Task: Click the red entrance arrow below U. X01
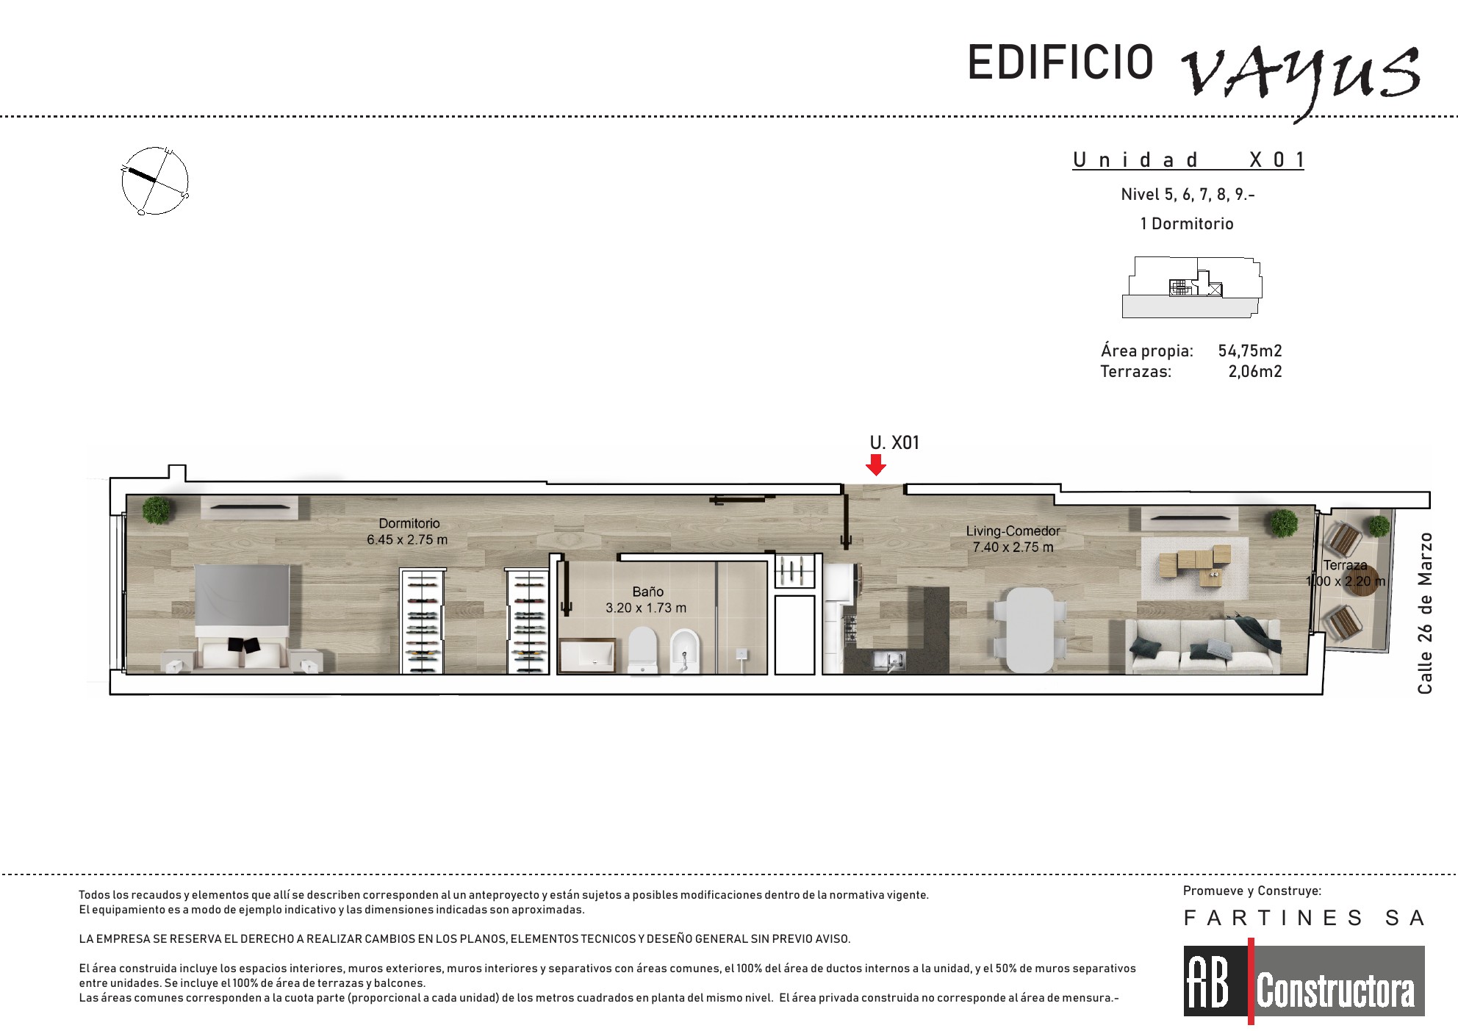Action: pos(875,464)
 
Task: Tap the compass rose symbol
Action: pos(155,181)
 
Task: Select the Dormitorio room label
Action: pos(409,523)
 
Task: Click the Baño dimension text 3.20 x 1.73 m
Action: pos(646,608)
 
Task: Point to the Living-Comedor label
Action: pos(1013,531)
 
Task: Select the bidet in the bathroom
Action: pos(684,651)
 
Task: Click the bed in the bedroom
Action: pos(243,617)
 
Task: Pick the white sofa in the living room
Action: pos(1202,646)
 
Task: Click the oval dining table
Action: pos(1030,629)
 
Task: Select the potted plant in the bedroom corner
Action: pos(157,510)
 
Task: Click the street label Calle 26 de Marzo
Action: pos(1425,613)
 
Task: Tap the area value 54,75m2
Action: pos(1250,351)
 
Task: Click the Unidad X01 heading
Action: pos(1188,159)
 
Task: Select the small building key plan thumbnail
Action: pos(1191,287)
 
